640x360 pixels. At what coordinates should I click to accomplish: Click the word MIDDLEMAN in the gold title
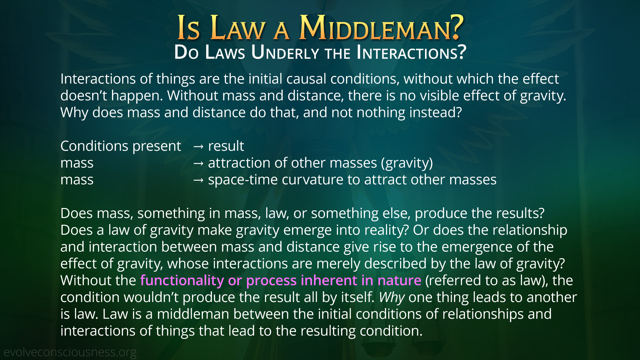click(x=381, y=28)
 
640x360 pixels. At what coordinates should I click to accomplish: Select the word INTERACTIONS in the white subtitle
click(x=411, y=52)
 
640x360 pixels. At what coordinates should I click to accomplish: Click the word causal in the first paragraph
click(x=306, y=79)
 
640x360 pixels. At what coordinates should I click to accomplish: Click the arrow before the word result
click(x=198, y=146)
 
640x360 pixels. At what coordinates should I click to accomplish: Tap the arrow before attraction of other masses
click(x=198, y=163)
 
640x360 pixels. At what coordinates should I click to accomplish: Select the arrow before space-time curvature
click(x=198, y=180)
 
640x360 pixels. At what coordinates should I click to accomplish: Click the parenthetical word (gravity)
click(x=407, y=163)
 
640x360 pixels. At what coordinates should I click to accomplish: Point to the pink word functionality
click(x=182, y=281)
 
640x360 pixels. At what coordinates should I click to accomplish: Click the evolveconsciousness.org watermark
click(x=70, y=352)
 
